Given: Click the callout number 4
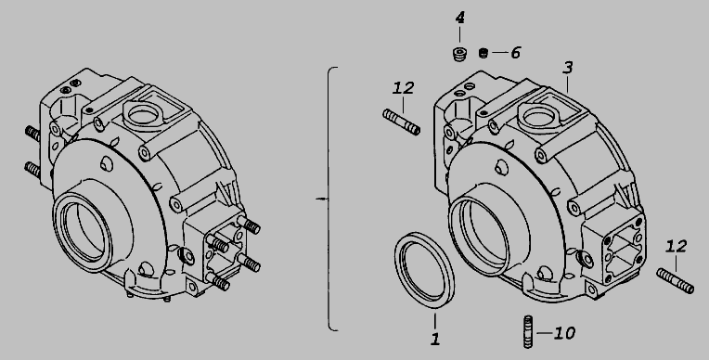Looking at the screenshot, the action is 460,18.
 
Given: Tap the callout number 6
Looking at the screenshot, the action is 515,53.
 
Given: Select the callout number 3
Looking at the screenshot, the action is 567,68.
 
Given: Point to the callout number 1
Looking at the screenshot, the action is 435,339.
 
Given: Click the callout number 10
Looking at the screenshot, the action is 564,333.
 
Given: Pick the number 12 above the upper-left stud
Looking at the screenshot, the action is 403,88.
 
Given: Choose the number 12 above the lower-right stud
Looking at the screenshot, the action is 676,247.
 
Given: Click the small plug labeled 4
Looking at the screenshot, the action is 459,54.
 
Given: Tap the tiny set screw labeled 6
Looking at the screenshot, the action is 483,53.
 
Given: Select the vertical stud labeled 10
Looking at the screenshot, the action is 528,332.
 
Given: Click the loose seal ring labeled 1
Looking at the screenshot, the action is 425,270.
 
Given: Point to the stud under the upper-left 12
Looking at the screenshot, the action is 402,122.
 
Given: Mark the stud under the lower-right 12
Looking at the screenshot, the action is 675,281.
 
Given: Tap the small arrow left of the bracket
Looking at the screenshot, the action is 320,199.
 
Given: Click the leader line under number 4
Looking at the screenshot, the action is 460,35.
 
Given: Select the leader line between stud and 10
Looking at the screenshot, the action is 544,333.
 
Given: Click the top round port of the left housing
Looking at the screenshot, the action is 143,113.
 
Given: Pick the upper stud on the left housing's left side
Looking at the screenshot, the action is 32,134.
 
